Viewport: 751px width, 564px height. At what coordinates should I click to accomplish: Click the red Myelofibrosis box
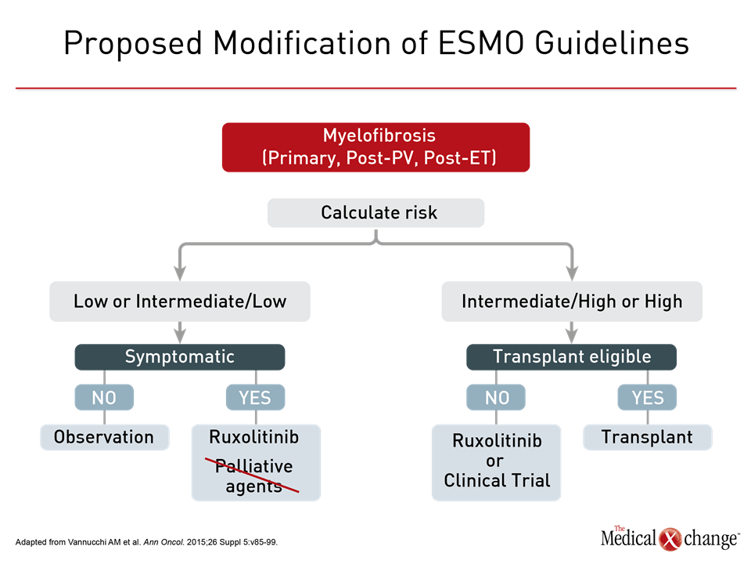point(375,147)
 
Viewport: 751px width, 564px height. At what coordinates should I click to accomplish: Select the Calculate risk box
point(375,212)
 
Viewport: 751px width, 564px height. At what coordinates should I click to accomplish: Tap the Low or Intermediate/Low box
point(180,301)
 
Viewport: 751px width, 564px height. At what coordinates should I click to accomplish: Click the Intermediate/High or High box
point(572,301)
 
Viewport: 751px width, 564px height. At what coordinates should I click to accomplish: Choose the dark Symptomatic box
point(180,357)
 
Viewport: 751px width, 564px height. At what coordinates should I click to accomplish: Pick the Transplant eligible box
point(571,357)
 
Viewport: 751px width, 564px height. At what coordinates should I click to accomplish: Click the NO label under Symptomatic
point(104,397)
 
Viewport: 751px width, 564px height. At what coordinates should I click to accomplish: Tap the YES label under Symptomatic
point(255,397)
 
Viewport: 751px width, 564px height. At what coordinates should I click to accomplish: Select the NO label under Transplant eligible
point(496,397)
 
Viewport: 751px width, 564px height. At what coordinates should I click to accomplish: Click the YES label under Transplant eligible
point(647,397)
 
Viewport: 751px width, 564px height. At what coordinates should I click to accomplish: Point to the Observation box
point(104,437)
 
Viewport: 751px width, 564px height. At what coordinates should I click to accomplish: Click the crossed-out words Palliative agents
point(253,475)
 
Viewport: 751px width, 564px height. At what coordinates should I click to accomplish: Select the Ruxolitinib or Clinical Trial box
point(496,462)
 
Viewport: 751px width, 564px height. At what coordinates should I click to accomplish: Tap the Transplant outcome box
point(648,437)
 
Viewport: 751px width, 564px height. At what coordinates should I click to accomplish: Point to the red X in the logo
point(670,539)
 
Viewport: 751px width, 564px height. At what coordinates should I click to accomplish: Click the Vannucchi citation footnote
point(146,542)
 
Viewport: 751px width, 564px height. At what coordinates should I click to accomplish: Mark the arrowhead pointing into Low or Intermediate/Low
point(180,273)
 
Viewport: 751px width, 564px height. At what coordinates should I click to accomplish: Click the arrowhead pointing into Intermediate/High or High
point(572,273)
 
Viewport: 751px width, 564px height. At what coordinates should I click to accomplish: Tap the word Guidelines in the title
point(612,43)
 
